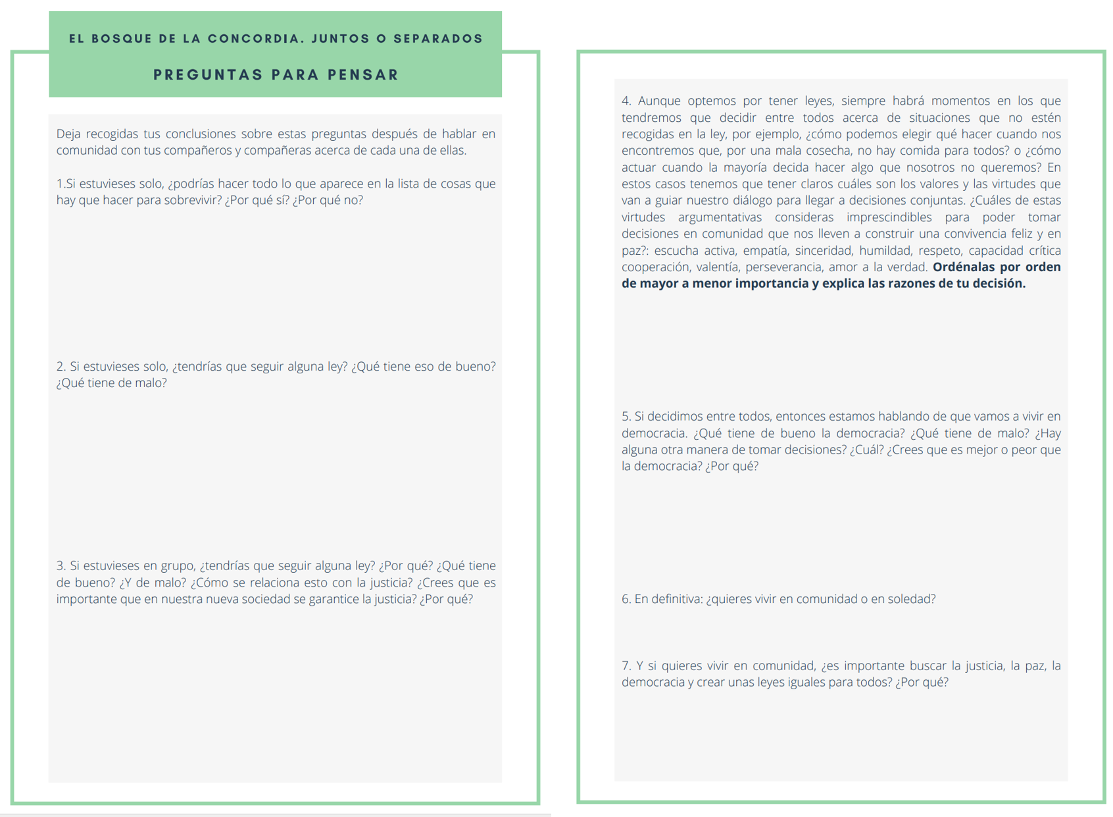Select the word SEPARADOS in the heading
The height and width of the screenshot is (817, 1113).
click(x=438, y=39)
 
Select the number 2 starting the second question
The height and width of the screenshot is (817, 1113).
click(x=61, y=367)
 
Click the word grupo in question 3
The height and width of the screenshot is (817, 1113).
click(x=178, y=566)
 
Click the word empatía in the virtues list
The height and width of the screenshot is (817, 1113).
click(x=765, y=250)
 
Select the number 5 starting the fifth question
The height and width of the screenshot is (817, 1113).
click(x=626, y=417)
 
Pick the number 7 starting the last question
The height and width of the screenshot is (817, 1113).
click(x=626, y=666)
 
